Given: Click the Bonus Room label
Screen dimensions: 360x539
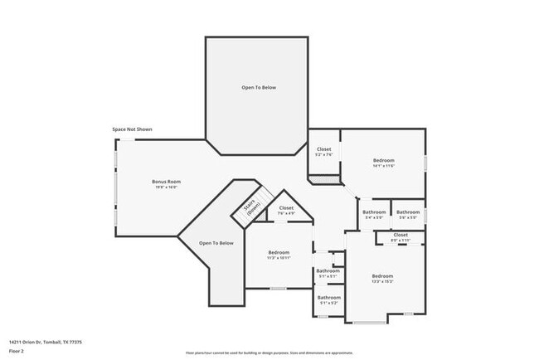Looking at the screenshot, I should tap(166, 181).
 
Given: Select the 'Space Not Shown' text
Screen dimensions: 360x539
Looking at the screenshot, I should tap(133, 129).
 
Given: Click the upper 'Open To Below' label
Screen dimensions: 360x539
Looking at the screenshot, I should tap(259, 87).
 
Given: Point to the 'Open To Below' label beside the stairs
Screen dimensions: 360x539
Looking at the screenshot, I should tap(216, 243).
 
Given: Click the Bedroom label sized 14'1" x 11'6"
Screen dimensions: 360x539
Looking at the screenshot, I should tap(383, 160).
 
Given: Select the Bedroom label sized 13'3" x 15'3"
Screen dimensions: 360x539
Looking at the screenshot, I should tap(382, 275).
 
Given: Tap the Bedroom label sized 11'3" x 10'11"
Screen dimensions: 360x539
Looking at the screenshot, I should tap(279, 252).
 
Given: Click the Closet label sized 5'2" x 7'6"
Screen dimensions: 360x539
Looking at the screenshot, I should tap(323, 149).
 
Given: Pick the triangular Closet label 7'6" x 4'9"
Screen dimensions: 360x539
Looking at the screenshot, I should tap(286, 207).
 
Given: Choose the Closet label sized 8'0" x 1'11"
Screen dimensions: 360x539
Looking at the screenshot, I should tap(401, 235).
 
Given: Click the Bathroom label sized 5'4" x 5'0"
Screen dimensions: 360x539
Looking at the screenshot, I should tap(374, 212).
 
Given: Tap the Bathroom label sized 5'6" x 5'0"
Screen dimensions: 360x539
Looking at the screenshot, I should tap(408, 212).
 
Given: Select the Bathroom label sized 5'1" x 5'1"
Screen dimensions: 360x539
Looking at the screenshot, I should tap(328, 270).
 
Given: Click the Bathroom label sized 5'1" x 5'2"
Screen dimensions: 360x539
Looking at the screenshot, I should tap(329, 297).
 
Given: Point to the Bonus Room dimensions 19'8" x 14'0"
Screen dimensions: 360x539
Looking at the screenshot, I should tap(166, 187).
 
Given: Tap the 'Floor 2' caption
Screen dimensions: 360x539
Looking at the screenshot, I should tap(17, 351).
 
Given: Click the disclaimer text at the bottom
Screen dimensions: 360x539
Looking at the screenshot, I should tap(269, 352).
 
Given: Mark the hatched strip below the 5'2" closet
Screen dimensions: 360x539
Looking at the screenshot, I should tap(325, 178).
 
